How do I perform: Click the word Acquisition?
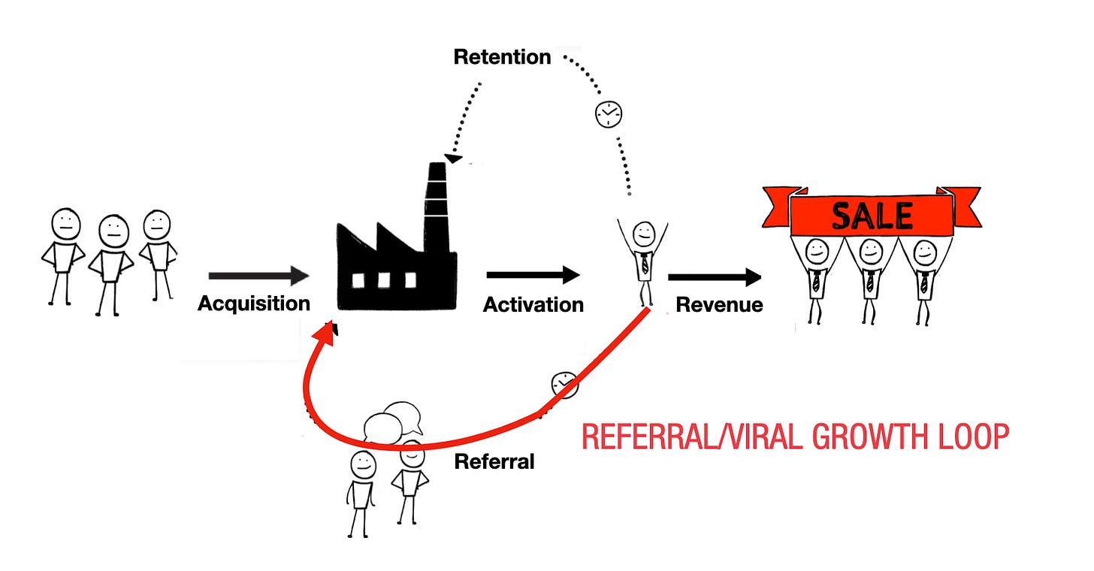pyautogui.click(x=254, y=304)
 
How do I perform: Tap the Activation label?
pyautogui.click(x=533, y=304)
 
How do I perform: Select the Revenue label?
pyautogui.click(x=719, y=304)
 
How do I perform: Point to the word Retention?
pyautogui.click(x=502, y=57)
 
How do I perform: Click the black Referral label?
pyautogui.click(x=494, y=461)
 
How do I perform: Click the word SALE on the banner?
pyautogui.click(x=872, y=216)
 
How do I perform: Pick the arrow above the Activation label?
pyautogui.click(x=533, y=276)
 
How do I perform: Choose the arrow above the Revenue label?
pyautogui.click(x=715, y=278)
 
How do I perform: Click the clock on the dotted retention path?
pyautogui.click(x=609, y=113)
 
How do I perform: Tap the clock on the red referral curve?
pyautogui.click(x=564, y=384)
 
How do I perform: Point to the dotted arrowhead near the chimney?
pyautogui.click(x=453, y=158)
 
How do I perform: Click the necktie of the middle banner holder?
pyautogui.click(x=870, y=281)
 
